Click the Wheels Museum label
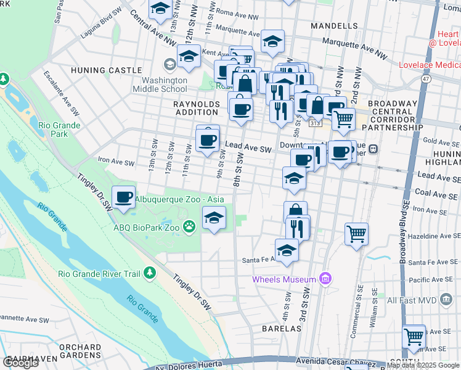pos(284,279)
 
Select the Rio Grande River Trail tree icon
pos(149,273)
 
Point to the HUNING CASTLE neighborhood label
pos(115,70)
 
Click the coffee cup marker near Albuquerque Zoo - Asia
pos(124,196)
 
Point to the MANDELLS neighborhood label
pos(334,26)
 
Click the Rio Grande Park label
pos(59,129)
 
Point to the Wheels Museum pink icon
pos(326,279)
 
